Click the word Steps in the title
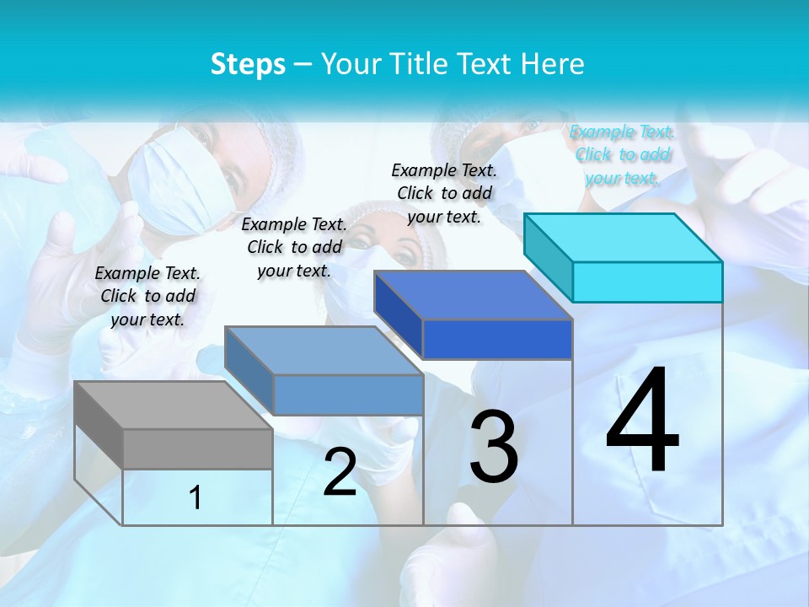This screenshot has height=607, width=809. point(248,64)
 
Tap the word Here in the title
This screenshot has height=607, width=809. point(553,64)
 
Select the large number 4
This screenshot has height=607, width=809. point(642,422)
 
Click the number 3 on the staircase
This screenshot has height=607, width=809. point(494,447)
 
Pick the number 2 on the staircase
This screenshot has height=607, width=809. point(340,472)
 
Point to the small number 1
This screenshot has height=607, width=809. point(196,497)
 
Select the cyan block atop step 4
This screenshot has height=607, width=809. point(624,237)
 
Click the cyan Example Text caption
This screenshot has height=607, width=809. point(623,154)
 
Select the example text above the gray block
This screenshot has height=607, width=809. point(147,296)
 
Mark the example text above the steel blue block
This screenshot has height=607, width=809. point(294,247)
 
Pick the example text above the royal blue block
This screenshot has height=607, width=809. point(444,193)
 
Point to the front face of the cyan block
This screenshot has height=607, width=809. point(647,282)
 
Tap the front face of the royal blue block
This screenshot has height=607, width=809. point(497,340)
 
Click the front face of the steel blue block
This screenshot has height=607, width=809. point(348,395)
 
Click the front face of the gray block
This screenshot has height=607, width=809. point(197,449)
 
